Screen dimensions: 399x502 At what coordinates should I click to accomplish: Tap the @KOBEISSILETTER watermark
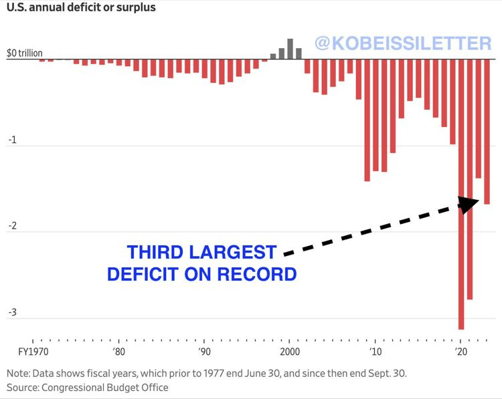pyautogui.click(x=403, y=44)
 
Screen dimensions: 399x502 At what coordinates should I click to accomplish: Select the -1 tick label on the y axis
pyautogui.click(x=11, y=141)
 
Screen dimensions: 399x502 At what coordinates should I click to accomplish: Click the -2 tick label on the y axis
pyautogui.click(x=11, y=227)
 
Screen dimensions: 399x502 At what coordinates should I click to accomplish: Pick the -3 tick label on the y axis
pyautogui.click(x=11, y=313)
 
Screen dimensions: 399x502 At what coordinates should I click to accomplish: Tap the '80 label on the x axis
pyautogui.click(x=118, y=352)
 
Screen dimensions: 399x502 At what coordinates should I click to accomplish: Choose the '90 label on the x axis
pyautogui.click(x=204, y=352)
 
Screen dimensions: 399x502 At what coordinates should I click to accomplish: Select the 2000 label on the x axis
pyautogui.click(x=290, y=352)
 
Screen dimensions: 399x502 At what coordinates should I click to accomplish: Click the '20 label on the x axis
pyautogui.click(x=461, y=352)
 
